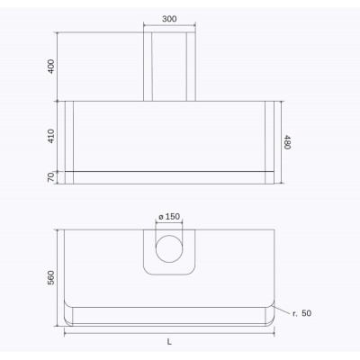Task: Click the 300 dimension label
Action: [x=169, y=19]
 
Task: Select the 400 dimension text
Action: [x=51, y=67]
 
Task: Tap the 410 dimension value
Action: [x=51, y=136]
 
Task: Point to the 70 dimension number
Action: [x=51, y=177]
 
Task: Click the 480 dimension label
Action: [x=287, y=142]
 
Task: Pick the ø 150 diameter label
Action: [x=169, y=216]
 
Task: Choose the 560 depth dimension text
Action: [x=51, y=277]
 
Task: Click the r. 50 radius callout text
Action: [x=302, y=313]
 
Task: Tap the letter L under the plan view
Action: [x=169, y=342]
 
